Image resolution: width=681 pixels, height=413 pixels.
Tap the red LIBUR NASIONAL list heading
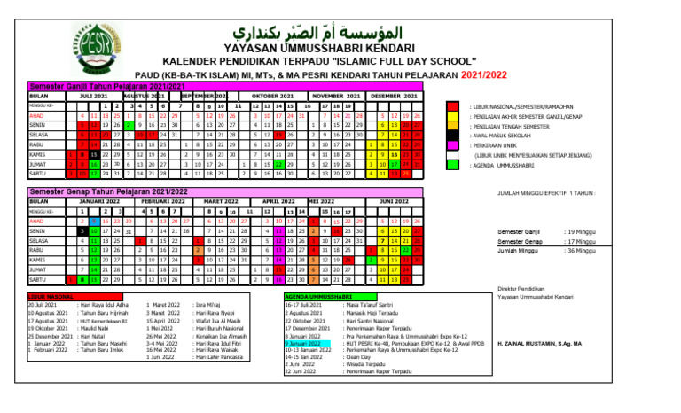[51, 296]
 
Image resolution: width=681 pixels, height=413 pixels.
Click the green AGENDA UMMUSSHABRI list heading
[317, 296]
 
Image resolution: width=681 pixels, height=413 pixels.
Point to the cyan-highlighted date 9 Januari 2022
[303, 342]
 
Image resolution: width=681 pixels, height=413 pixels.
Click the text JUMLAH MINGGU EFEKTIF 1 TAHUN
[545, 192]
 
